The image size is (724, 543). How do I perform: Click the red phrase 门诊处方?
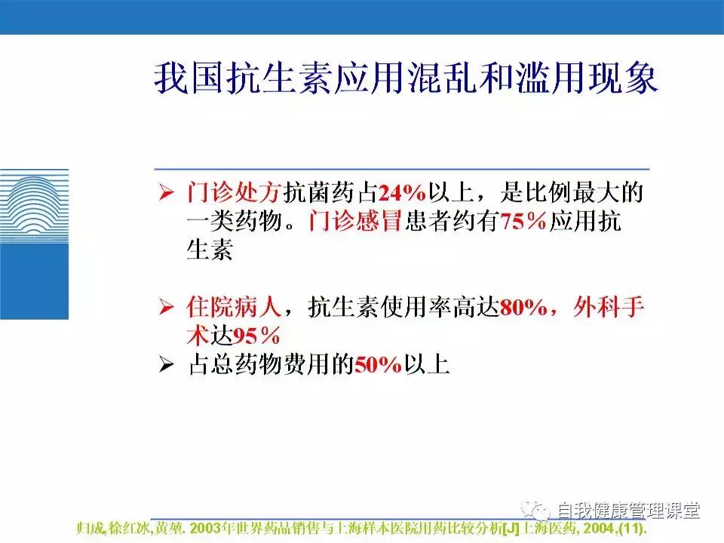[x=234, y=194]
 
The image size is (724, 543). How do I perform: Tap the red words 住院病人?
[x=234, y=307]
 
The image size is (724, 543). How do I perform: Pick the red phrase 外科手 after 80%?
[x=609, y=307]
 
